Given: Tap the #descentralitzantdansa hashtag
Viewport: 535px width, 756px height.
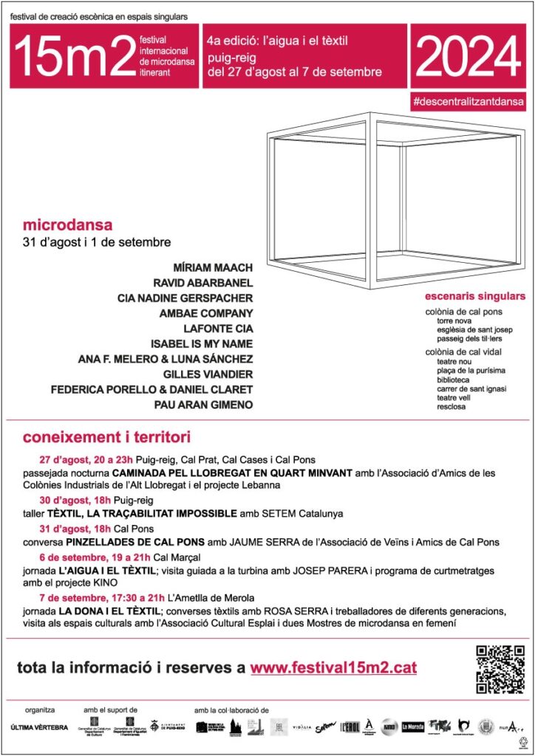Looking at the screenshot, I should [470, 101].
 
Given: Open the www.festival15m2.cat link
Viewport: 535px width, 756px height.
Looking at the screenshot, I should [333, 668].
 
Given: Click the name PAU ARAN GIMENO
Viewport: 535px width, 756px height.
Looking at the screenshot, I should [203, 405].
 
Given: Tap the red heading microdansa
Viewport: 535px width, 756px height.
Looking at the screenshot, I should [68, 224].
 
